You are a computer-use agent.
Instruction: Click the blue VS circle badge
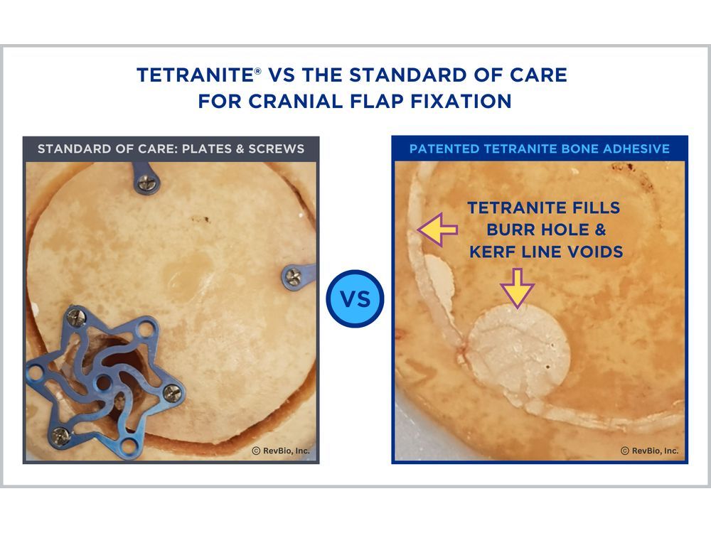[355, 298]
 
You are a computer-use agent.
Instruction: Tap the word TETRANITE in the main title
[196, 75]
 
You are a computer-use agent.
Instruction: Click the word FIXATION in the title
[461, 101]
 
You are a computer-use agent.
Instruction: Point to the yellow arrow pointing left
[437, 230]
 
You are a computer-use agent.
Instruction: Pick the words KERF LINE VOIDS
[546, 252]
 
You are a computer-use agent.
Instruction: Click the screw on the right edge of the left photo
[292, 276]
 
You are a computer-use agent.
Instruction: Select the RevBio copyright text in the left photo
[281, 451]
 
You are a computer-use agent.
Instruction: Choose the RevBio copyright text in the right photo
[649, 451]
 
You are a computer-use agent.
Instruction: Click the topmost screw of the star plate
[77, 317]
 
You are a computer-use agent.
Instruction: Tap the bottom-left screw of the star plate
[60, 436]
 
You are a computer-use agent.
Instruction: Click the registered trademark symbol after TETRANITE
[258, 70]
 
